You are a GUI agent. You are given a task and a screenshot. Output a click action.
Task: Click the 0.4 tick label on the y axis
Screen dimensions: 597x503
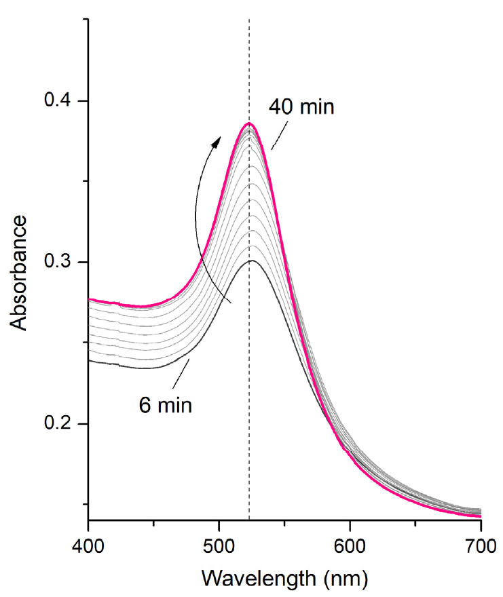(59, 101)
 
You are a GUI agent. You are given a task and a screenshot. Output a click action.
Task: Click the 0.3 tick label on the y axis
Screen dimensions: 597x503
(59, 263)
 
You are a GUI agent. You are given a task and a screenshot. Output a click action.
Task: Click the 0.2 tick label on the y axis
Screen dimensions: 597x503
(59, 424)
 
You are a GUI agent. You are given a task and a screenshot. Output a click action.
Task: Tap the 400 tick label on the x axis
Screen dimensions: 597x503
(88, 545)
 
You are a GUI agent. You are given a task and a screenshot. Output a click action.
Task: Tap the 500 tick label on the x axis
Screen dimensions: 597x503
(219, 545)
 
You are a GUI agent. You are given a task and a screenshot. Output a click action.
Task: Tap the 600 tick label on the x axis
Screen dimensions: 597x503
(350, 545)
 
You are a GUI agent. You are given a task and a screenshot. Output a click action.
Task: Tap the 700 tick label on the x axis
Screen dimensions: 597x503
(480, 545)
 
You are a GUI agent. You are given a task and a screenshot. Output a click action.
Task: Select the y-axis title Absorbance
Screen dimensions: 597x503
(20, 273)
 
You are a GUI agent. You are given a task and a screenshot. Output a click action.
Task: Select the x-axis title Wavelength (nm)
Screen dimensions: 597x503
(284, 579)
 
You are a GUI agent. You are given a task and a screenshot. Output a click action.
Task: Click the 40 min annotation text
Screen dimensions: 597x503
(301, 107)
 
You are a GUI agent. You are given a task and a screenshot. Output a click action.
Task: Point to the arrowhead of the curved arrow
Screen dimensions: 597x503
(217, 140)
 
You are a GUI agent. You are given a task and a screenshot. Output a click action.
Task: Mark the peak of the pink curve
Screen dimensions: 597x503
(249, 123)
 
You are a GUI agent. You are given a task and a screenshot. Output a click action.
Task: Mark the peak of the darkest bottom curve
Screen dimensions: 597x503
(250, 261)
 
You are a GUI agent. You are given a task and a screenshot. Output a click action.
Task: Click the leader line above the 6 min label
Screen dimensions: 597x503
(180, 371)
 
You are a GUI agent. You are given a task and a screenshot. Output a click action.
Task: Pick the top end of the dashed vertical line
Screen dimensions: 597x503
(249, 20)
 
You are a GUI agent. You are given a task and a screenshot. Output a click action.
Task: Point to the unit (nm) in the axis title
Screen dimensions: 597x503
(346, 579)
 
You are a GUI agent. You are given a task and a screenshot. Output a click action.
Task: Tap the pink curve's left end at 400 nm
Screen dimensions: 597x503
(90, 299)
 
